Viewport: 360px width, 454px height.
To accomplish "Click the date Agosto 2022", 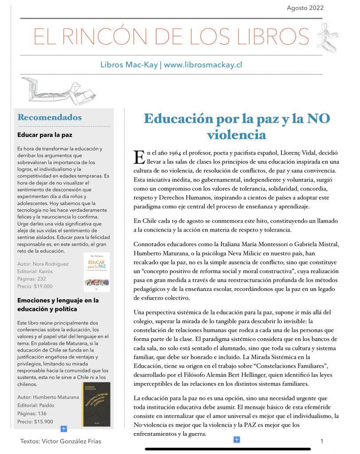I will tap(305, 8).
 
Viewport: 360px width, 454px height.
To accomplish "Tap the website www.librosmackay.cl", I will tap(203, 64).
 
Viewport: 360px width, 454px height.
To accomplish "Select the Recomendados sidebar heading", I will tap(49, 117).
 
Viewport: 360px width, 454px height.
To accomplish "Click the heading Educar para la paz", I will tap(45, 135).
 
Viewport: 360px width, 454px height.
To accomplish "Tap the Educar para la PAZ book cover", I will tap(96, 272).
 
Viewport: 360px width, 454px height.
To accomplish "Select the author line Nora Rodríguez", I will tap(43, 264).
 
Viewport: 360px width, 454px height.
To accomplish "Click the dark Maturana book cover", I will tap(96, 404).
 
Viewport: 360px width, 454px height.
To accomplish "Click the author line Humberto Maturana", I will tap(48, 397).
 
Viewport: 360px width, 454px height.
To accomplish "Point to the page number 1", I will tap(321, 441).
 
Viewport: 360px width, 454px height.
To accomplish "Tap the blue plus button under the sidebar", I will tap(63, 428).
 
